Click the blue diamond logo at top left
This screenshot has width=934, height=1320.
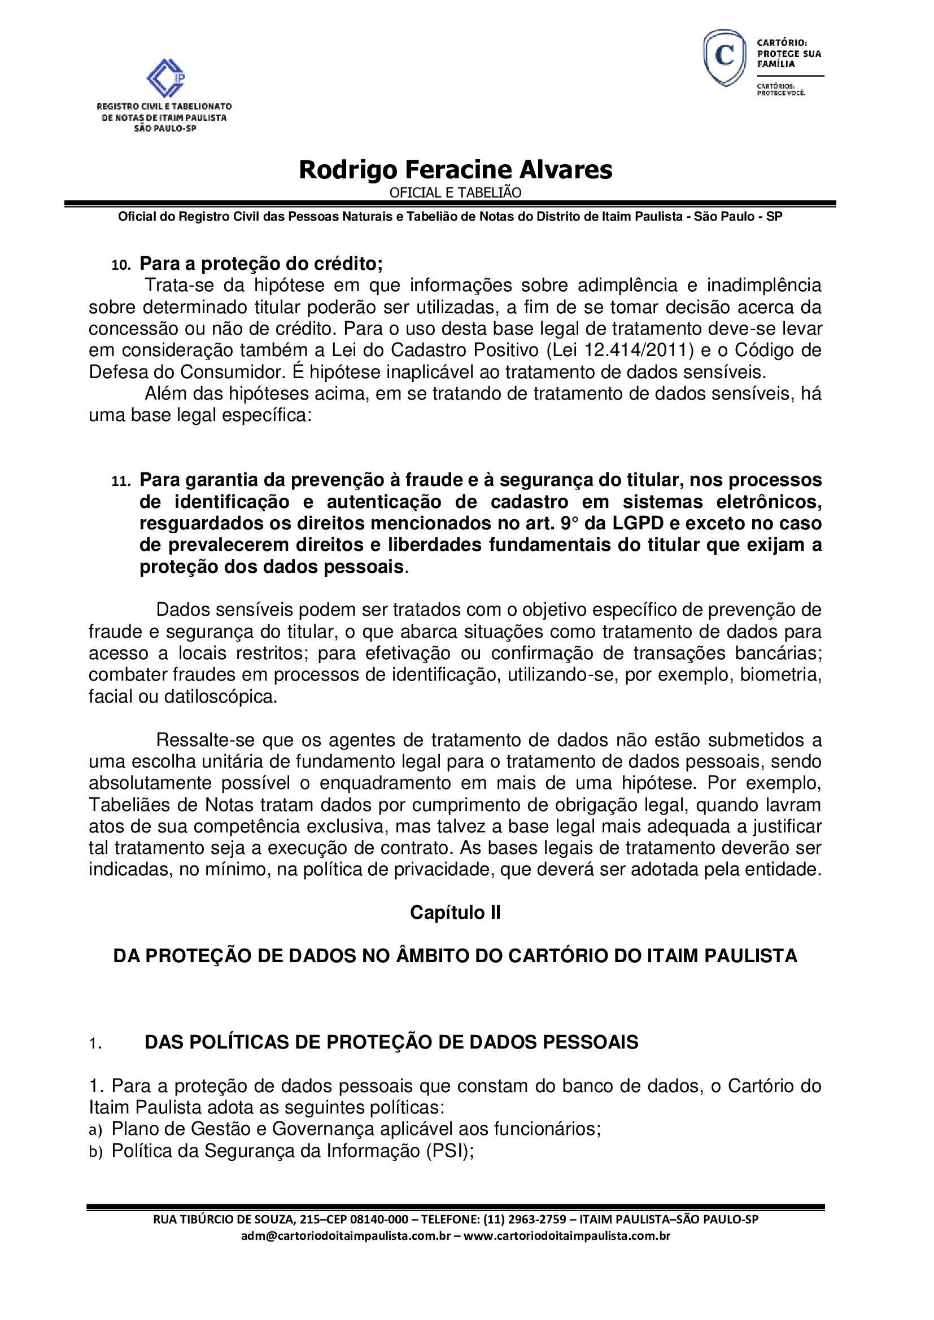point(165,78)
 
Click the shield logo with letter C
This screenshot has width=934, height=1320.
point(724,58)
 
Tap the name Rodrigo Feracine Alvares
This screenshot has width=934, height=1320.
point(456,170)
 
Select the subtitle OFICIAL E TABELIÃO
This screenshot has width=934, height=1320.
point(456,192)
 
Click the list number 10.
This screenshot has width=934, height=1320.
point(121,265)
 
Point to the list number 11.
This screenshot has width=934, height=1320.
point(121,481)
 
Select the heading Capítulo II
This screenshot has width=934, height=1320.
point(455,913)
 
